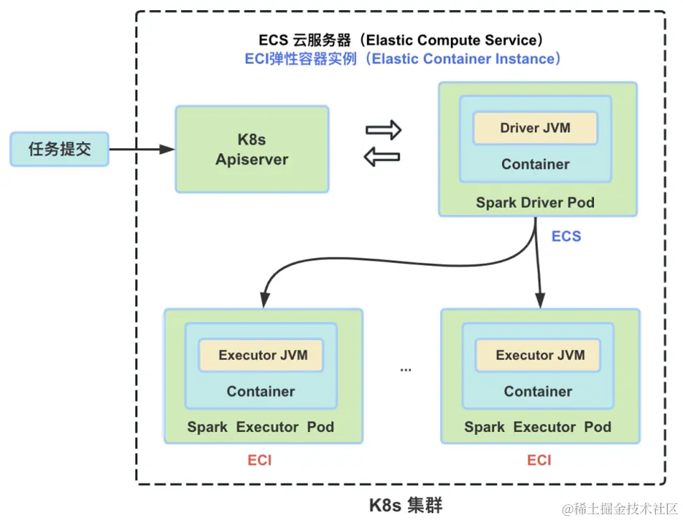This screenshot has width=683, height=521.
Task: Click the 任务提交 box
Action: tap(59, 149)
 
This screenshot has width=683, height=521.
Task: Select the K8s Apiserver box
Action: tap(252, 149)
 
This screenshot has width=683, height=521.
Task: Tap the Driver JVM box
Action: tap(535, 128)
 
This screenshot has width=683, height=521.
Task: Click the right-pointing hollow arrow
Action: tap(384, 131)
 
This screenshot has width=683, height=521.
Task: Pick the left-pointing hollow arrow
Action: tap(383, 155)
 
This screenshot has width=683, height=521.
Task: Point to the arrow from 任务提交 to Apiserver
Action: tap(142, 149)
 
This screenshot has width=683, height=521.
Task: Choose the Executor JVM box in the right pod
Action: tap(540, 355)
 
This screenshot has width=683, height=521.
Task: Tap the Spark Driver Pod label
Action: tap(535, 202)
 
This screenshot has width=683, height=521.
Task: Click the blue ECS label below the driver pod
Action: tap(566, 236)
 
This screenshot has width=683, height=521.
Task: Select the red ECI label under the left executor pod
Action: tap(259, 460)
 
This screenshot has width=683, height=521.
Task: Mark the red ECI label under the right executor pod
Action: tap(539, 460)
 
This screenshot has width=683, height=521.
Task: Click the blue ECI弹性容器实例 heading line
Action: tap(403, 59)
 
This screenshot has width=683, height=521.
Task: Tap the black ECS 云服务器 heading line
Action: tap(401, 39)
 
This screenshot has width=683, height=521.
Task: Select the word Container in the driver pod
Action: tap(535, 164)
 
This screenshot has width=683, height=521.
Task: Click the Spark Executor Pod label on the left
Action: tap(261, 427)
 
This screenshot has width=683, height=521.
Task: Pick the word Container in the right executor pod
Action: tap(538, 392)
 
